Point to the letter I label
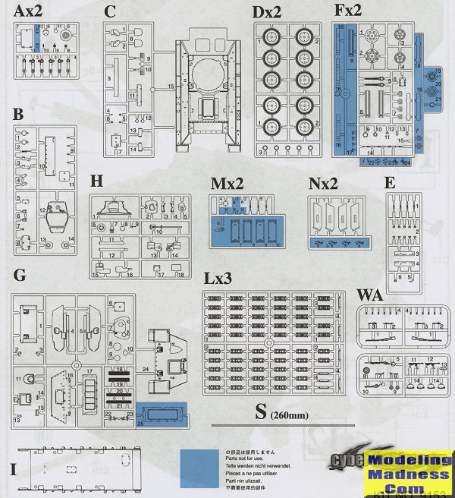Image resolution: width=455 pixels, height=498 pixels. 13,468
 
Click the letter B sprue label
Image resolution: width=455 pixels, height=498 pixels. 18,115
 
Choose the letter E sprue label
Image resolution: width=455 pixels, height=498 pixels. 390,183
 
